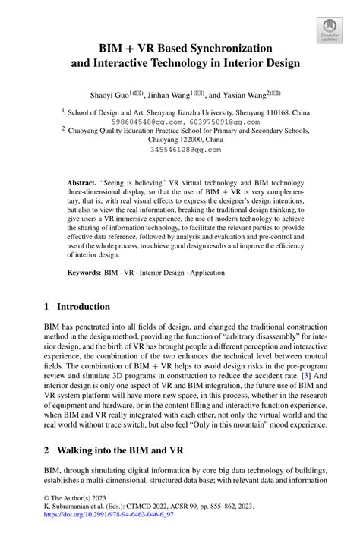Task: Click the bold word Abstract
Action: (82, 184)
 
